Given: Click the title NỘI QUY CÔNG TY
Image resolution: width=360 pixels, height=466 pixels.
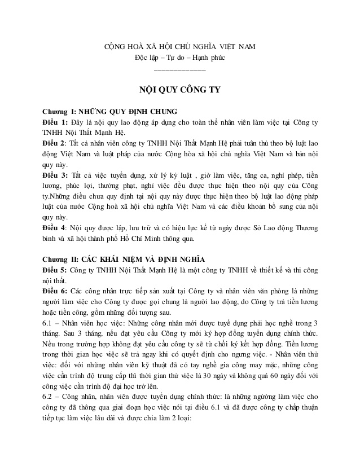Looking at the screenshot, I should (x=179, y=89).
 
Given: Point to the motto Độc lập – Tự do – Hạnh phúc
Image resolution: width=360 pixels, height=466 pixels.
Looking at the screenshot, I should (x=180, y=58).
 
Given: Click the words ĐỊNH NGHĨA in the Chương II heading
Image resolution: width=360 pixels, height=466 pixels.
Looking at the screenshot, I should (x=177, y=259).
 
